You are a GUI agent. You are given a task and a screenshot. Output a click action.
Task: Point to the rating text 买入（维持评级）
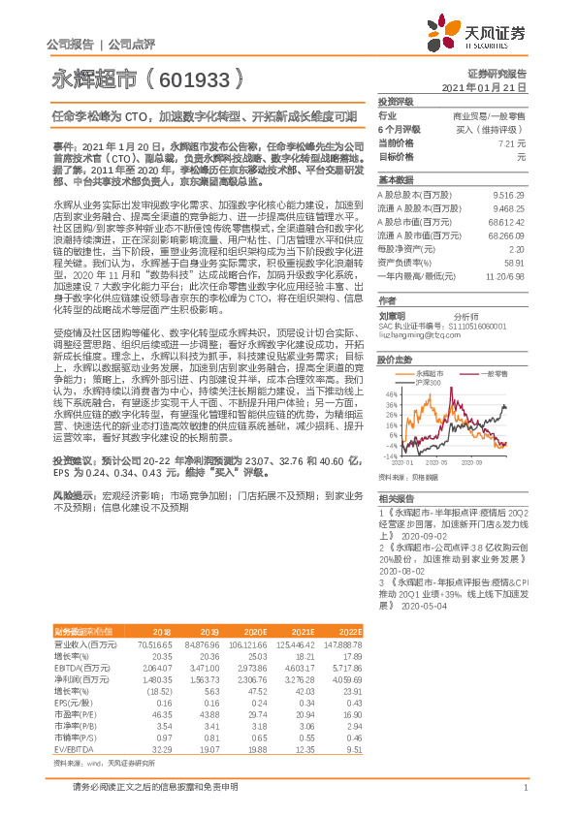491,129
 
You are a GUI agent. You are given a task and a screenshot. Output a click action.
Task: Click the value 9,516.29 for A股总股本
509,194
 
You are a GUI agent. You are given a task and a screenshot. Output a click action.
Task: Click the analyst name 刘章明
393,316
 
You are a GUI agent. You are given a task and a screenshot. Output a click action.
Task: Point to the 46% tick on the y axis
390,394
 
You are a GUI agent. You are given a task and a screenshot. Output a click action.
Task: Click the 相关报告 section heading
397,496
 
